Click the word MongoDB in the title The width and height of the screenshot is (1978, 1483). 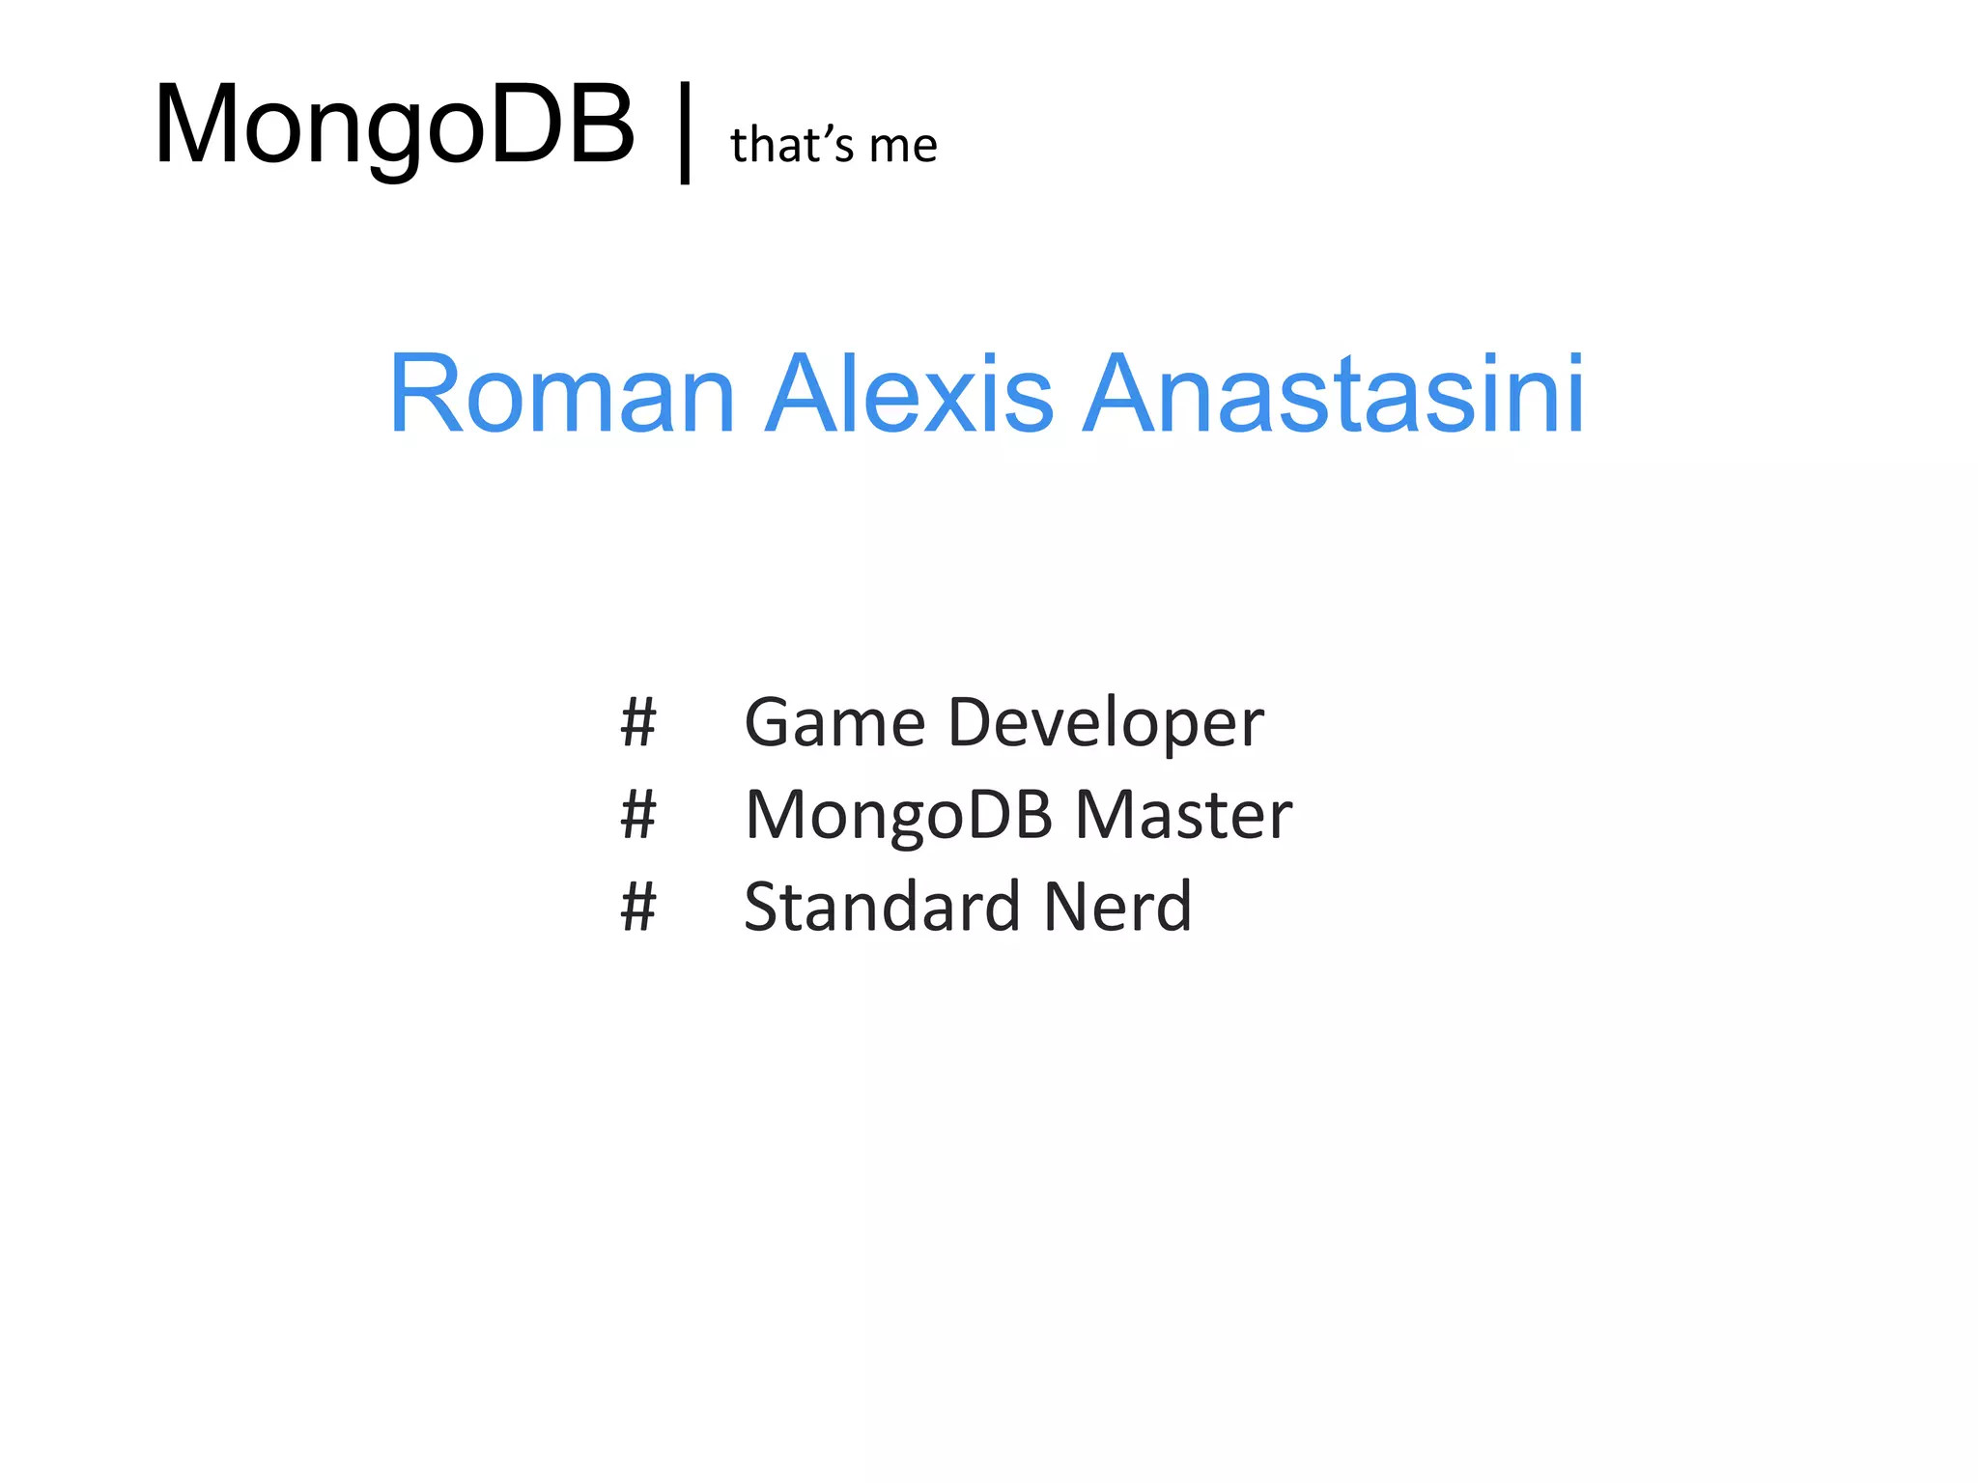(x=394, y=126)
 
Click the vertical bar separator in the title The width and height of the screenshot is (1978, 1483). (x=685, y=132)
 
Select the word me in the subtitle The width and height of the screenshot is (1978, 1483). (x=903, y=147)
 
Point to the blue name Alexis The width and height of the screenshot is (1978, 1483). (x=908, y=395)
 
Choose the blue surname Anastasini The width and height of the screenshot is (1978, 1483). (x=1333, y=395)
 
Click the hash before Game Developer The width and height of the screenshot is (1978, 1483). (x=638, y=723)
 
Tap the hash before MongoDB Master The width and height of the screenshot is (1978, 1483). (x=638, y=815)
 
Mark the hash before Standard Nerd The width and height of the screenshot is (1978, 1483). (x=638, y=907)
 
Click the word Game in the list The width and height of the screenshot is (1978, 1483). (x=834, y=723)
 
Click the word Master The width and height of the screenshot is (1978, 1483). (x=1183, y=815)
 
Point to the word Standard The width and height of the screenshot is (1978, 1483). (x=882, y=907)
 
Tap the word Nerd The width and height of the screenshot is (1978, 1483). (x=1117, y=907)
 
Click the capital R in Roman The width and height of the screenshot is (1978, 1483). (x=425, y=395)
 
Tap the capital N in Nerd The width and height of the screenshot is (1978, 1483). (x=1065, y=907)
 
